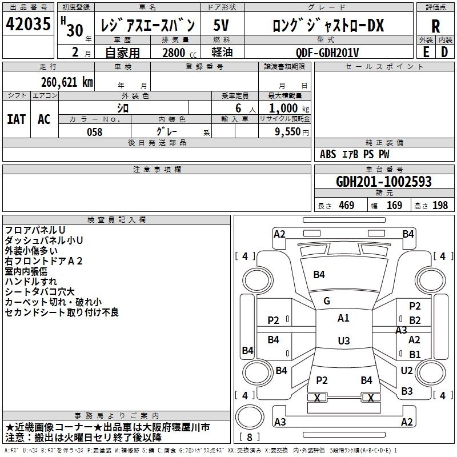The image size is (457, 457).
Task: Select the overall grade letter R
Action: pyautogui.click(x=435, y=26)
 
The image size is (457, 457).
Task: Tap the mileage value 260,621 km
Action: pyautogui.click(x=67, y=82)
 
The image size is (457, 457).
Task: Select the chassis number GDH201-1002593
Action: pyautogui.click(x=384, y=182)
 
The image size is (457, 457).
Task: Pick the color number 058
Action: pyautogui.click(x=95, y=132)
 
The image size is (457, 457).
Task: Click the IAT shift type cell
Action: pyautogui.click(x=17, y=119)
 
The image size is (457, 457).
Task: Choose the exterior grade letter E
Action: pyautogui.click(x=425, y=52)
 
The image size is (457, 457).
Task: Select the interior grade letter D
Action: pyautogui.click(x=444, y=52)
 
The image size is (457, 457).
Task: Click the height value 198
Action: pyautogui.click(x=440, y=205)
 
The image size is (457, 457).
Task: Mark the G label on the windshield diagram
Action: pyautogui.click(x=327, y=301)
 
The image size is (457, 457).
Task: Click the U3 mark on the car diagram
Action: pyautogui.click(x=343, y=341)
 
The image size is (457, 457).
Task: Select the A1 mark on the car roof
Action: pyautogui.click(x=343, y=318)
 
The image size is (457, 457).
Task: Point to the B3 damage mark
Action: pyautogui.click(x=407, y=391)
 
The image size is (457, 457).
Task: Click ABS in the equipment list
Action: pyautogui.click(x=328, y=154)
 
